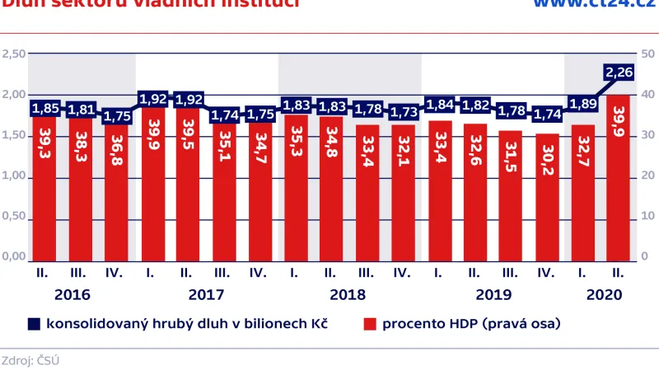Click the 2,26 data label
point(618,73)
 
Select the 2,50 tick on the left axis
point(14,54)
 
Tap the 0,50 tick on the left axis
point(14,217)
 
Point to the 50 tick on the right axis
point(647,54)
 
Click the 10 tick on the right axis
point(647,217)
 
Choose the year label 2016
point(72,294)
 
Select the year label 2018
point(348,294)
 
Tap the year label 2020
point(603,294)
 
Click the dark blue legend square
point(34,324)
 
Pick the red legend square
point(370,324)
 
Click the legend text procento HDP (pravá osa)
point(471,324)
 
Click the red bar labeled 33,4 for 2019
point(439,190)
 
